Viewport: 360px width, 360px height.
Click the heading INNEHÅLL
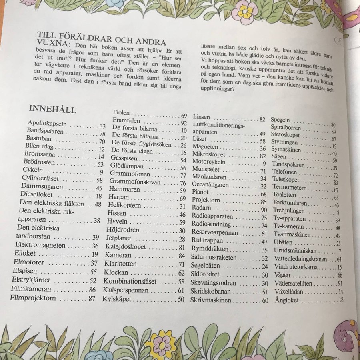click(x=53, y=110)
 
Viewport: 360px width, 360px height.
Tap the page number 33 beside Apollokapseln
click(x=102, y=126)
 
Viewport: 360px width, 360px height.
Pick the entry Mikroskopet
click(x=209, y=154)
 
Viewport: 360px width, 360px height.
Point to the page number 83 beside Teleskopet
click(x=335, y=182)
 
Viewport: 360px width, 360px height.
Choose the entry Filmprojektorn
click(x=33, y=298)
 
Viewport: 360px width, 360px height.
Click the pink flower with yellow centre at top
click(x=244, y=12)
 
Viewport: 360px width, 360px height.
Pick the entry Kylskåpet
click(x=120, y=299)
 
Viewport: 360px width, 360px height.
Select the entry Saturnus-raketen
click(x=214, y=258)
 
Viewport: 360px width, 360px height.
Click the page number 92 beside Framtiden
click(x=184, y=123)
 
